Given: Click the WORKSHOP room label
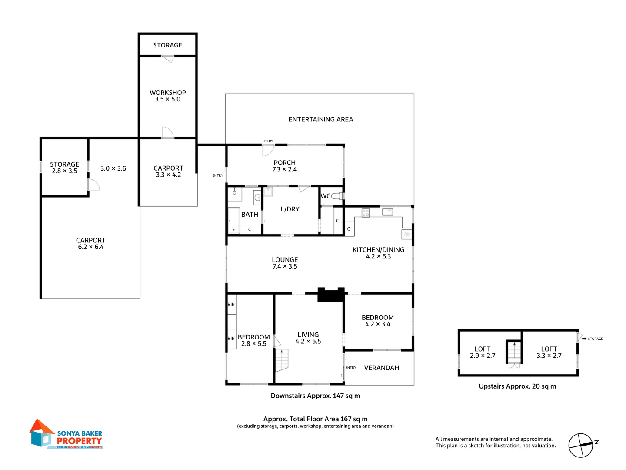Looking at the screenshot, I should [168, 93].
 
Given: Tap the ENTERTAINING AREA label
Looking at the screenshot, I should [320, 119].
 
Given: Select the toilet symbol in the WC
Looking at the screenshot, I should [338, 196].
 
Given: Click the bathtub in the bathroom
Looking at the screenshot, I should [234, 220].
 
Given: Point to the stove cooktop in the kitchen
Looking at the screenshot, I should [366, 213].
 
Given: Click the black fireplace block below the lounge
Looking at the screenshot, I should [331, 295].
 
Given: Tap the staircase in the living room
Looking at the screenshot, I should [281, 360].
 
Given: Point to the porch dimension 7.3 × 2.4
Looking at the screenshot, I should [284, 169].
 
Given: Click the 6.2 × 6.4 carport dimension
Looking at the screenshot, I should [90, 247].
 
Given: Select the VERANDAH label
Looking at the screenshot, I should [381, 368].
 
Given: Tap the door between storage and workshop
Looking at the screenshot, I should [167, 59].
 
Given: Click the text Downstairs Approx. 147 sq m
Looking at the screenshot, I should [315, 396].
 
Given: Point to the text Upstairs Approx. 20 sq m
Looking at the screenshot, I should [517, 386].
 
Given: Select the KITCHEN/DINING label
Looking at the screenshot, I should [378, 250].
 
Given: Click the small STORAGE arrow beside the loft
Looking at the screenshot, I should [585, 339].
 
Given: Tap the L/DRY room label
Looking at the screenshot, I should [290, 209].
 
